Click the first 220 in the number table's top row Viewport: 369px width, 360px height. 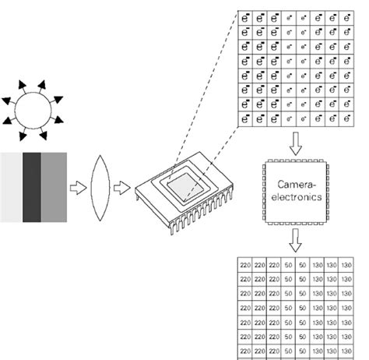[x=245, y=266]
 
